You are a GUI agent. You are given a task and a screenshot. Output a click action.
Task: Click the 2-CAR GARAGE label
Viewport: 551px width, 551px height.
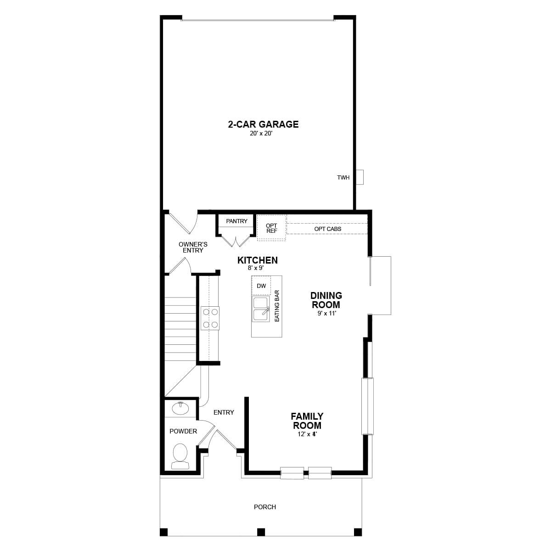[x=263, y=124]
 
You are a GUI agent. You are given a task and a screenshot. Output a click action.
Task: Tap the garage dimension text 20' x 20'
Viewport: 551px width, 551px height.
[x=263, y=134]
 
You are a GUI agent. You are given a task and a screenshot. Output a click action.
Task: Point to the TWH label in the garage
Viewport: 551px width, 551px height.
[x=343, y=178]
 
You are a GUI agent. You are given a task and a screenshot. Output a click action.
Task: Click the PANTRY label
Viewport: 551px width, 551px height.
[x=236, y=221]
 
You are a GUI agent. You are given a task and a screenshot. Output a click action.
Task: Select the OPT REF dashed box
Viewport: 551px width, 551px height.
[x=271, y=228]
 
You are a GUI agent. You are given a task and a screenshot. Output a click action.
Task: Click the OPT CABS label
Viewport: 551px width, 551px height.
[x=327, y=229]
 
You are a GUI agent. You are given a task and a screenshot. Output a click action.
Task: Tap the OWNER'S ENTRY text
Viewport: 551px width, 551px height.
[x=193, y=247]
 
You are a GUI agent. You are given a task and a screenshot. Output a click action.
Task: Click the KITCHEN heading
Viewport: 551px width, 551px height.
[x=257, y=260]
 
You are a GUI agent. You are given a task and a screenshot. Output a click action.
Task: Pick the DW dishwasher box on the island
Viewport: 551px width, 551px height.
[x=261, y=286]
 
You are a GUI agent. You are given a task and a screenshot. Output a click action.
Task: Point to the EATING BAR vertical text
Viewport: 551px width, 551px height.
[x=277, y=305]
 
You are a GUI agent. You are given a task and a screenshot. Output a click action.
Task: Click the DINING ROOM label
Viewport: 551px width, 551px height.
[x=326, y=300]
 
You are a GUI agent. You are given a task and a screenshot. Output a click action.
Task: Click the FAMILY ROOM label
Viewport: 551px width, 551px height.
[x=307, y=421]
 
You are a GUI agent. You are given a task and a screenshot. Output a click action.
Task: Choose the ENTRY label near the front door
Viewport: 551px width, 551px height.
[x=224, y=412]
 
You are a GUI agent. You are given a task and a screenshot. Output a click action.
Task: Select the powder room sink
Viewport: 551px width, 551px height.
[x=180, y=408]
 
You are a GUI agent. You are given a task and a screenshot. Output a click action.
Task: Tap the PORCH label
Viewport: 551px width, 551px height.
[x=265, y=507]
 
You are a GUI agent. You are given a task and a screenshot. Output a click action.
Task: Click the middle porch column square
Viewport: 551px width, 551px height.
[x=261, y=532]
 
